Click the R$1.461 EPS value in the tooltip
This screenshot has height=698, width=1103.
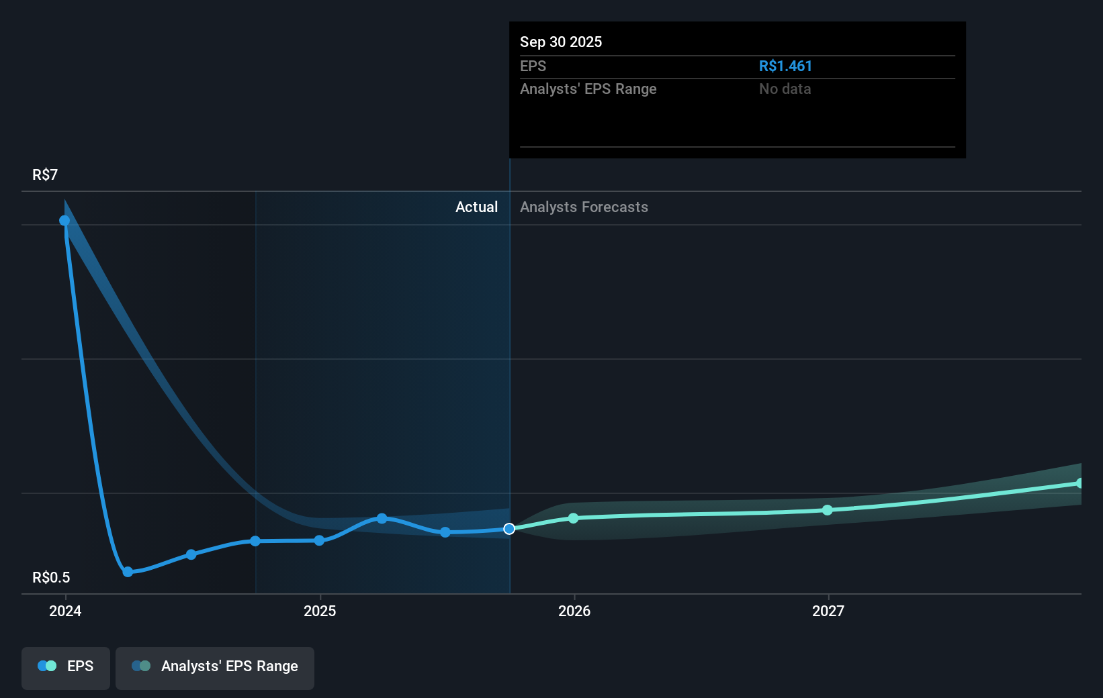tap(785, 66)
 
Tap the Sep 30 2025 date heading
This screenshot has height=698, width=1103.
tap(560, 42)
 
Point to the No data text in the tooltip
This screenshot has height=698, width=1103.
tap(785, 89)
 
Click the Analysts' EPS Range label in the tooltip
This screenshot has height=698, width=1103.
tap(588, 89)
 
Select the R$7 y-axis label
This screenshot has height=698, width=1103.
tap(45, 174)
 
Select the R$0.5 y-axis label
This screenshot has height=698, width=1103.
tap(51, 577)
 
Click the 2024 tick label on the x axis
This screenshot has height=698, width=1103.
tap(65, 611)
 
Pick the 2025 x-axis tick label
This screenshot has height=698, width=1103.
tap(320, 611)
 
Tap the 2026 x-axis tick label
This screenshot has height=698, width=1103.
tap(574, 611)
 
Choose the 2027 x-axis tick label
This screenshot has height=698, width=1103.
tap(828, 611)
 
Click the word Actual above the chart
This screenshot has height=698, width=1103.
tap(476, 207)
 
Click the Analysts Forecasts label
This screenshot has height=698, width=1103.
tap(584, 207)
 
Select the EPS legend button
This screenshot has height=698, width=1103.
tap(66, 666)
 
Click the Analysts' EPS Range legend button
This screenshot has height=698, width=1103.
tap(215, 666)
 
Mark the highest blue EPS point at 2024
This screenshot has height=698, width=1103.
tap(64, 221)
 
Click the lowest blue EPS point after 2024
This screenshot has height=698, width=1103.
tap(128, 572)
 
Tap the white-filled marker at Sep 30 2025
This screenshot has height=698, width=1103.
tap(509, 529)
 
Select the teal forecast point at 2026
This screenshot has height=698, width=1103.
tap(573, 518)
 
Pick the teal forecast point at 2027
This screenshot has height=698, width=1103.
tap(828, 510)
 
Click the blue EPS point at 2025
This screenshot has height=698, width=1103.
tap(319, 540)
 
